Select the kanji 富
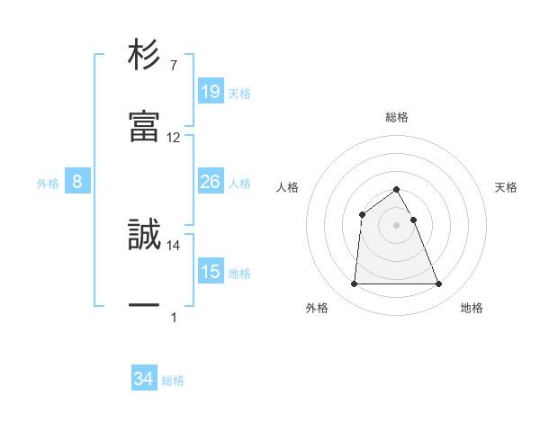click(145, 126)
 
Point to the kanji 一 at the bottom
click(145, 306)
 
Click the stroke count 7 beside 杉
click(173, 66)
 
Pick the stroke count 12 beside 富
click(174, 138)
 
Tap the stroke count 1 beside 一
click(173, 318)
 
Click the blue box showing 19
click(210, 92)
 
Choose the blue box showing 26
click(210, 183)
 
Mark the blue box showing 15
click(210, 272)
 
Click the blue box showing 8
click(77, 183)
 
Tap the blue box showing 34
click(144, 380)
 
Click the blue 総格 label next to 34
click(173, 381)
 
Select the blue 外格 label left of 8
click(48, 184)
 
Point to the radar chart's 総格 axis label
click(396, 117)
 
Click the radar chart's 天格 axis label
click(506, 187)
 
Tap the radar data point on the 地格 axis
click(439, 284)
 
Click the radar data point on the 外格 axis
click(354, 284)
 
